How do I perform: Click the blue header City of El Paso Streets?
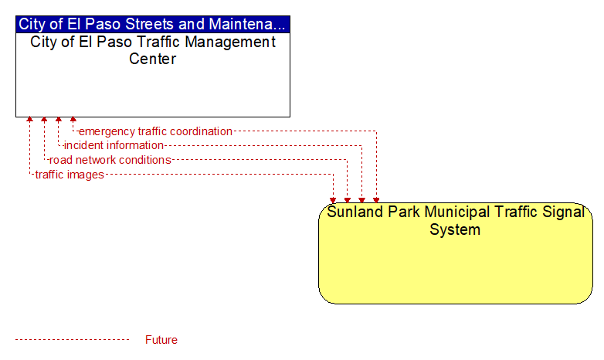[x=152, y=24]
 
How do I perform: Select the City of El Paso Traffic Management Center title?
[x=152, y=50]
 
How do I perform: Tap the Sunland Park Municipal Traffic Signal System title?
[x=455, y=220]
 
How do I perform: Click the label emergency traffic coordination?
[x=155, y=131]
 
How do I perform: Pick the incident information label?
[x=114, y=145]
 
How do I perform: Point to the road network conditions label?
[x=110, y=160]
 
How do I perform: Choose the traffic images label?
[x=70, y=175]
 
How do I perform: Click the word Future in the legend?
[x=161, y=340]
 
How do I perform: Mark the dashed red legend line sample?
[x=72, y=340]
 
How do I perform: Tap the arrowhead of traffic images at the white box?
[x=29, y=120]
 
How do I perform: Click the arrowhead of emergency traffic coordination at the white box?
[x=73, y=120]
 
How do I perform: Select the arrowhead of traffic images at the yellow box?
[x=333, y=200]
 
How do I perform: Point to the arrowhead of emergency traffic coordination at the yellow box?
[x=376, y=200]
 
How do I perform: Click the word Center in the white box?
[x=152, y=59]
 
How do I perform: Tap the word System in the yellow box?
[x=455, y=229]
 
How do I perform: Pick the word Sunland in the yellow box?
[x=355, y=212]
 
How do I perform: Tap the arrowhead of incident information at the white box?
[x=59, y=120]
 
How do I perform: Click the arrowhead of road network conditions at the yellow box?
[x=348, y=200]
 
